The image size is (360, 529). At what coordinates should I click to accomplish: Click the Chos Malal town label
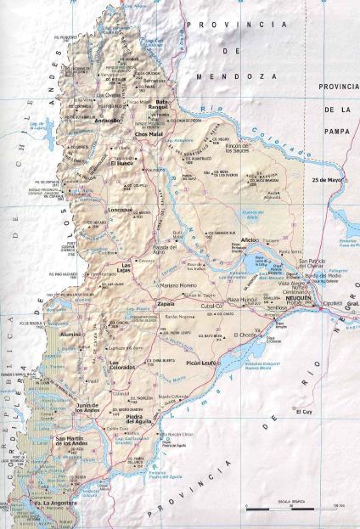148,134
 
